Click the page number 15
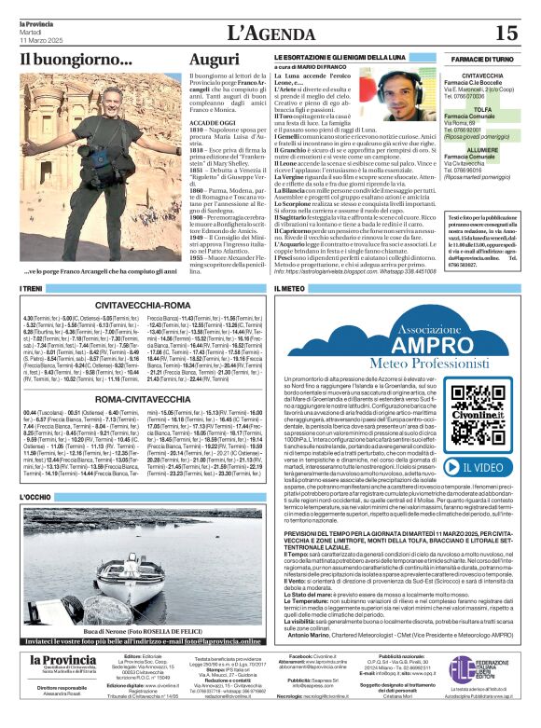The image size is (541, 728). pos(506,34)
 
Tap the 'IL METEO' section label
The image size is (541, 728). pos(294,290)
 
